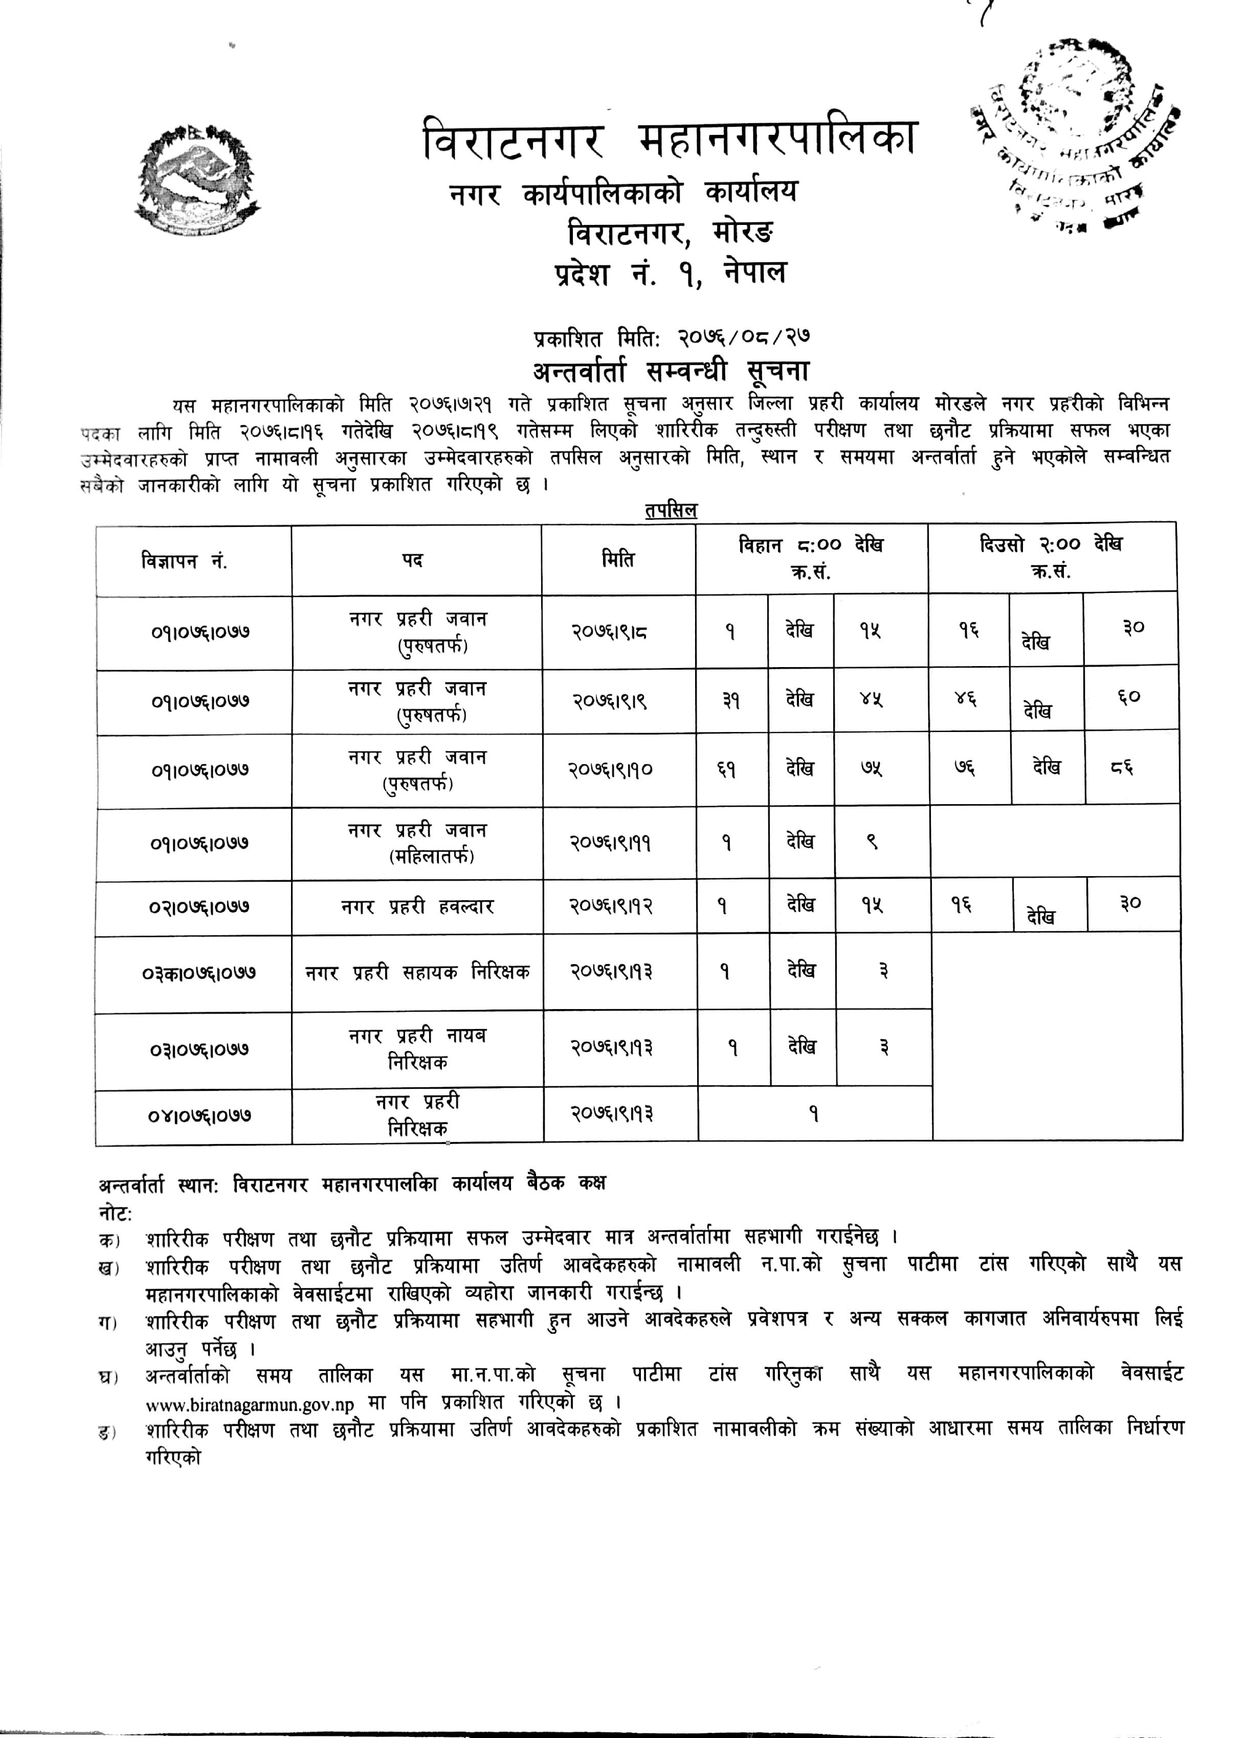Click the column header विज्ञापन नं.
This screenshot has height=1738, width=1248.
[x=184, y=562]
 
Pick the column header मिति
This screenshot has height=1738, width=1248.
[x=618, y=560]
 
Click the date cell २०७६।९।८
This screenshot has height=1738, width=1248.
[x=610, y=632]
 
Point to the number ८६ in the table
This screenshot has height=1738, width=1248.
[x=1122, y=767]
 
